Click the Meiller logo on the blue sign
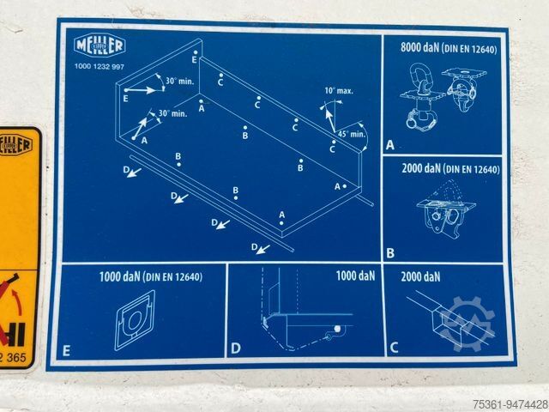[100, 45]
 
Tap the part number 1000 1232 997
[100, 67]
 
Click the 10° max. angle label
[340, 90]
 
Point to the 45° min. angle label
[352, 134]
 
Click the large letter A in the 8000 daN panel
[390, 145]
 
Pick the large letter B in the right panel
[390, 252]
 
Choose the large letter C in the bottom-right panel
[394, 348]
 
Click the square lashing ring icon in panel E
[135, 319]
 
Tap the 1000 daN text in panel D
[355, 276]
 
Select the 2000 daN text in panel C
[420, 276]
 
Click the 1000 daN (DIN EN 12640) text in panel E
[150, 276]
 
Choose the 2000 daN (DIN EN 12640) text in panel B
[450, 169]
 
